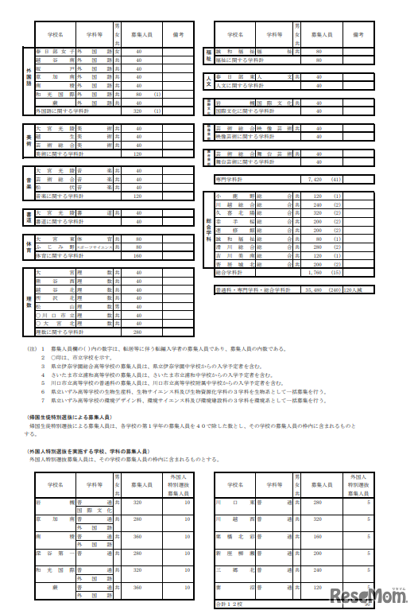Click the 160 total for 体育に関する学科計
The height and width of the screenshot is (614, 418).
pyautogui.click(x=137, y=256)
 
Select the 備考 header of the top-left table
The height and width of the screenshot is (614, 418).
pyautogui.click(x=178, y=36)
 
